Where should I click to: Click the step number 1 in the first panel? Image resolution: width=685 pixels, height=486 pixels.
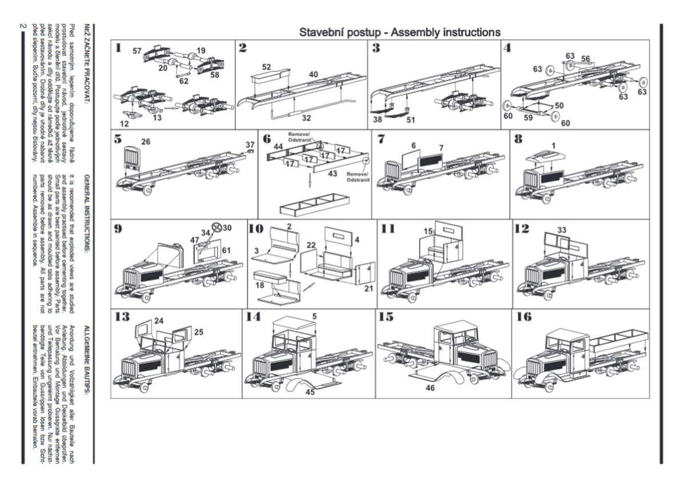click(118, 48)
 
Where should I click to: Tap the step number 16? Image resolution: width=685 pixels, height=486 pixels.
click(524, 317)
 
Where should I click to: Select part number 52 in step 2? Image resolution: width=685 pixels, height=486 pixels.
click(267, 67)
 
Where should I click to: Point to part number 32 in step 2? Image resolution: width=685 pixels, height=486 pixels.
click(306, 118)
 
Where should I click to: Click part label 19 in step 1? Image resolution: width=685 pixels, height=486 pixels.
click(201, 51)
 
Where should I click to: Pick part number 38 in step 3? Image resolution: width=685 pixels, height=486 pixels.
click(378, 120)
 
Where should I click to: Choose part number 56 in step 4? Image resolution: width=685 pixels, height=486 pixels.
click(586, 58)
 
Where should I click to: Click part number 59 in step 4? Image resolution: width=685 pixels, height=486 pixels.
click(528, 118)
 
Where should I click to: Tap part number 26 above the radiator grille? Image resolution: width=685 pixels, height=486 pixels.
click(146, 142)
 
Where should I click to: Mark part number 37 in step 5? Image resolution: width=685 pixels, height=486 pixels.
click(250, 145)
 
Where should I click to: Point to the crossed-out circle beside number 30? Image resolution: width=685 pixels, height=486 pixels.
click(217, 228)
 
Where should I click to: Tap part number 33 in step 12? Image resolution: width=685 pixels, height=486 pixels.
click(562, 230)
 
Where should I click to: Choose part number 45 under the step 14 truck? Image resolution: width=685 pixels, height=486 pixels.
click(310, 392)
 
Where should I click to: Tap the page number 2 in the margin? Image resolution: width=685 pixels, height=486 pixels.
click(23, 25)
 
